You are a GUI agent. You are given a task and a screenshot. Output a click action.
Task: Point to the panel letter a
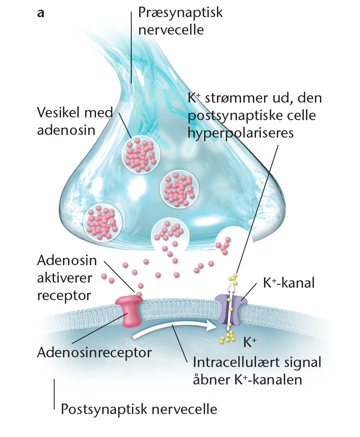41,13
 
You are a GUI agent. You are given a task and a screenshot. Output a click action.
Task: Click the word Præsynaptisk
180,13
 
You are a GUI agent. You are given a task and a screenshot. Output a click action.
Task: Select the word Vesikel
59,113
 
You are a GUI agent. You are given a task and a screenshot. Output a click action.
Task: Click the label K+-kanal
289,283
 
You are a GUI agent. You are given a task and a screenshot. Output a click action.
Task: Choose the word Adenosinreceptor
94,353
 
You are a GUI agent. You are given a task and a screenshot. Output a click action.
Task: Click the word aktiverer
65,278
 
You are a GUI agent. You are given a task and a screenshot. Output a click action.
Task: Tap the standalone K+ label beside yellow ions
250,342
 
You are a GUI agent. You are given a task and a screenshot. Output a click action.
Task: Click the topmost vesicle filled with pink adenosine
141,155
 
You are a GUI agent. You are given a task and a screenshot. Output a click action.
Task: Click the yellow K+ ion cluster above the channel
233,279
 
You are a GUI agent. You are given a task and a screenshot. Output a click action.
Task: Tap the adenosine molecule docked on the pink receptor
138,294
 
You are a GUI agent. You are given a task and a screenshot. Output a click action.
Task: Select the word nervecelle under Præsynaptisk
171,30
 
